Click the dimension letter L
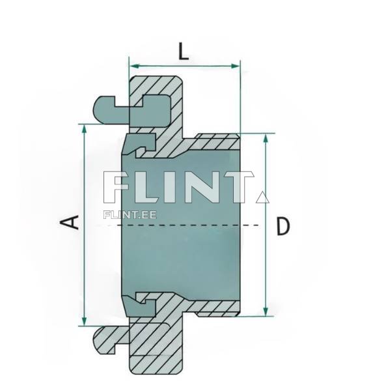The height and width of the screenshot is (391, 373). (184, 51)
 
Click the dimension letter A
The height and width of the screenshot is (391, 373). (70, 223)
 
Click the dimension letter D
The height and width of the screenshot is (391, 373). (283, 226)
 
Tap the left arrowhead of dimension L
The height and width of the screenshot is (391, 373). (134, 66)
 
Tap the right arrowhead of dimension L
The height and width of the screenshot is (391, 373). (235, 66)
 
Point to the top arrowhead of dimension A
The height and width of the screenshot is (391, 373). (85, 129)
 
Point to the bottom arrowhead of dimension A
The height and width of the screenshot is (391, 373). (85, 321)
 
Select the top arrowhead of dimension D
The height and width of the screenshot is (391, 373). (266, 138)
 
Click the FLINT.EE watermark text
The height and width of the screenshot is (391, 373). (130, 215)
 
